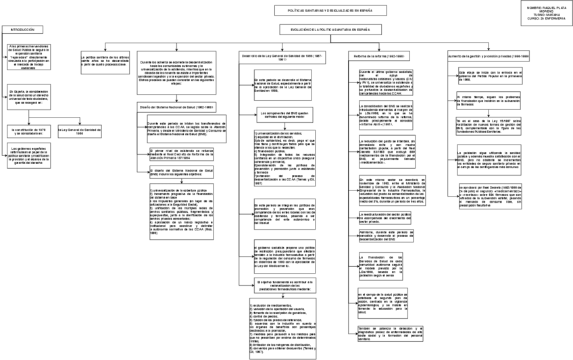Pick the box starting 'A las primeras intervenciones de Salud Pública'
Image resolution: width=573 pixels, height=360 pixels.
click(28, 58)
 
